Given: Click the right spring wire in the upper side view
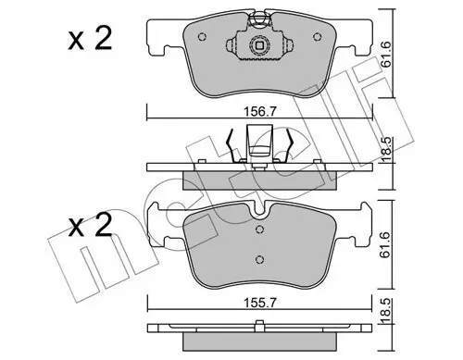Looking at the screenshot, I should coord(290,145).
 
